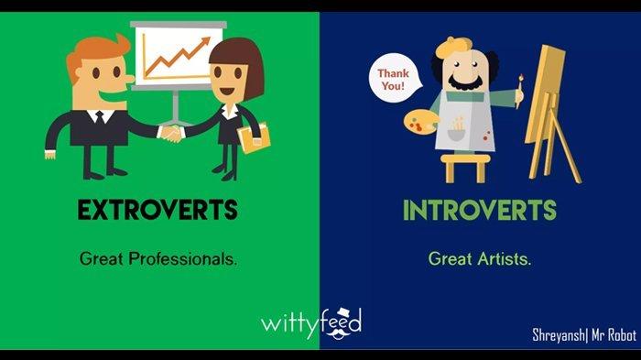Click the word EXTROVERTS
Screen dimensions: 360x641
tap(158, 210)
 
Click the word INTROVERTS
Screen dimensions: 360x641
tap(479, 210)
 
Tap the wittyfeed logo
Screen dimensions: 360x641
tap(311, 322)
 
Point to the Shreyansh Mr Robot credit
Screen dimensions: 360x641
tap(583, 335)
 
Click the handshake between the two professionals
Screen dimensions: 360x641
tap(172, 134)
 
